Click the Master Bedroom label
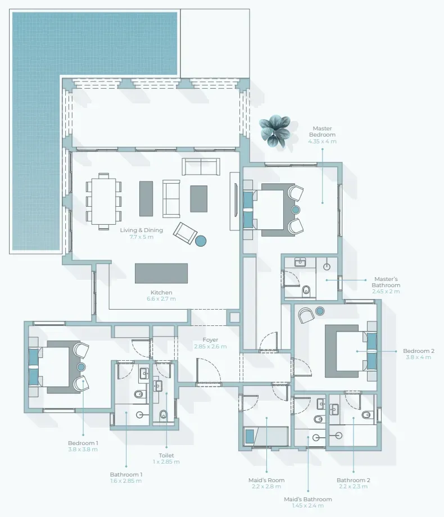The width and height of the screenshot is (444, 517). point(322,131)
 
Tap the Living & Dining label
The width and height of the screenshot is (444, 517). point(142,230)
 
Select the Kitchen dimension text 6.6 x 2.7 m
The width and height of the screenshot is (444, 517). point(161,299)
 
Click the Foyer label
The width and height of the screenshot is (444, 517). point(210,339)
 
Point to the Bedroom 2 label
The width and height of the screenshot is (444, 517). point(419,351)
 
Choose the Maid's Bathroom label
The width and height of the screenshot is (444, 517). point(308,499)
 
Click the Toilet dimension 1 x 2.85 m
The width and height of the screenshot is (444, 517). point(166,461)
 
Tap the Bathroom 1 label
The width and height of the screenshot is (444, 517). point(126,474)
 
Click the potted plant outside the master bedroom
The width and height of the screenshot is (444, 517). point(275,130)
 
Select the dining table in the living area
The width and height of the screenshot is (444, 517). point(103,201)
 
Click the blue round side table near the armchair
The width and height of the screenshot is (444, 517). point(201,241)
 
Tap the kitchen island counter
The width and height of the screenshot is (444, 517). point(161,273)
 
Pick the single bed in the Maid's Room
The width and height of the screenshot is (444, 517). point(266,436)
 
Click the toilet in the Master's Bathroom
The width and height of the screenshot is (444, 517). point(306,290)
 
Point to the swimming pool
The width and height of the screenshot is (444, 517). point(66,99)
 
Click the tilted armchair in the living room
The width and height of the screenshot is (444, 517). point(185,233)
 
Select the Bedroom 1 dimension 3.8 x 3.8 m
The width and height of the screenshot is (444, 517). point(83,449)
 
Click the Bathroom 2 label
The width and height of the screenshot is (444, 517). point(354,480)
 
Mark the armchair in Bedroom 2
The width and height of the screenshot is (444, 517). point(306,315)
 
